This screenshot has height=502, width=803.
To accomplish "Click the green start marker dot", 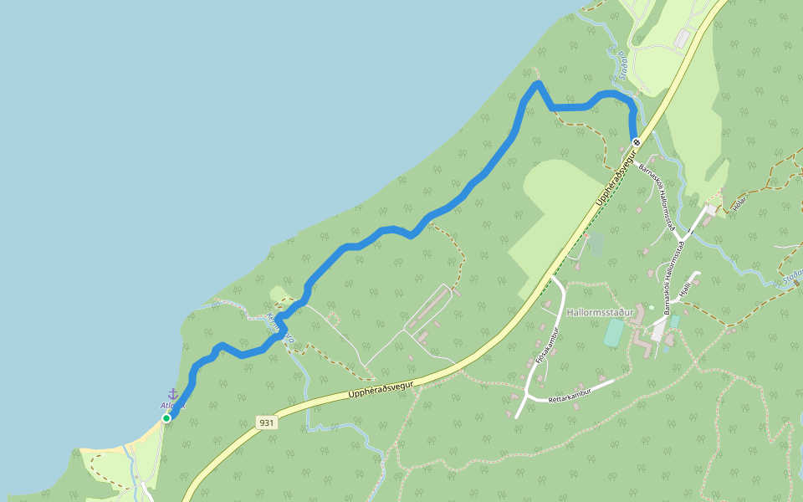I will coord(166,417).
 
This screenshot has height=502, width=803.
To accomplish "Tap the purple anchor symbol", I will coord(173,393).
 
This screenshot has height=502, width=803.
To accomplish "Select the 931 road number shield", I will coord(266,423).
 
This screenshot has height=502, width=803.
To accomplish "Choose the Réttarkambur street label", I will coord(570,393).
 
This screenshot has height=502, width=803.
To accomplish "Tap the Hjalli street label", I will coord(687,289).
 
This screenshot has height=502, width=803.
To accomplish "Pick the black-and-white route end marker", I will coord(637,141).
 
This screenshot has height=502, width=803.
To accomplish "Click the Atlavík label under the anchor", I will coord(171,406).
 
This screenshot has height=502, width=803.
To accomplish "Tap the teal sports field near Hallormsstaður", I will coord(613,332).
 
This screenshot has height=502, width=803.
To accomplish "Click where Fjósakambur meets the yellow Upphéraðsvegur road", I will coord(552,280).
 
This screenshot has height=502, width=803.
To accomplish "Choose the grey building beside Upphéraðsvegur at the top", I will coord(684,38).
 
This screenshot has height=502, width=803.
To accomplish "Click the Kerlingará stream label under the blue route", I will coord(281,328).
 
